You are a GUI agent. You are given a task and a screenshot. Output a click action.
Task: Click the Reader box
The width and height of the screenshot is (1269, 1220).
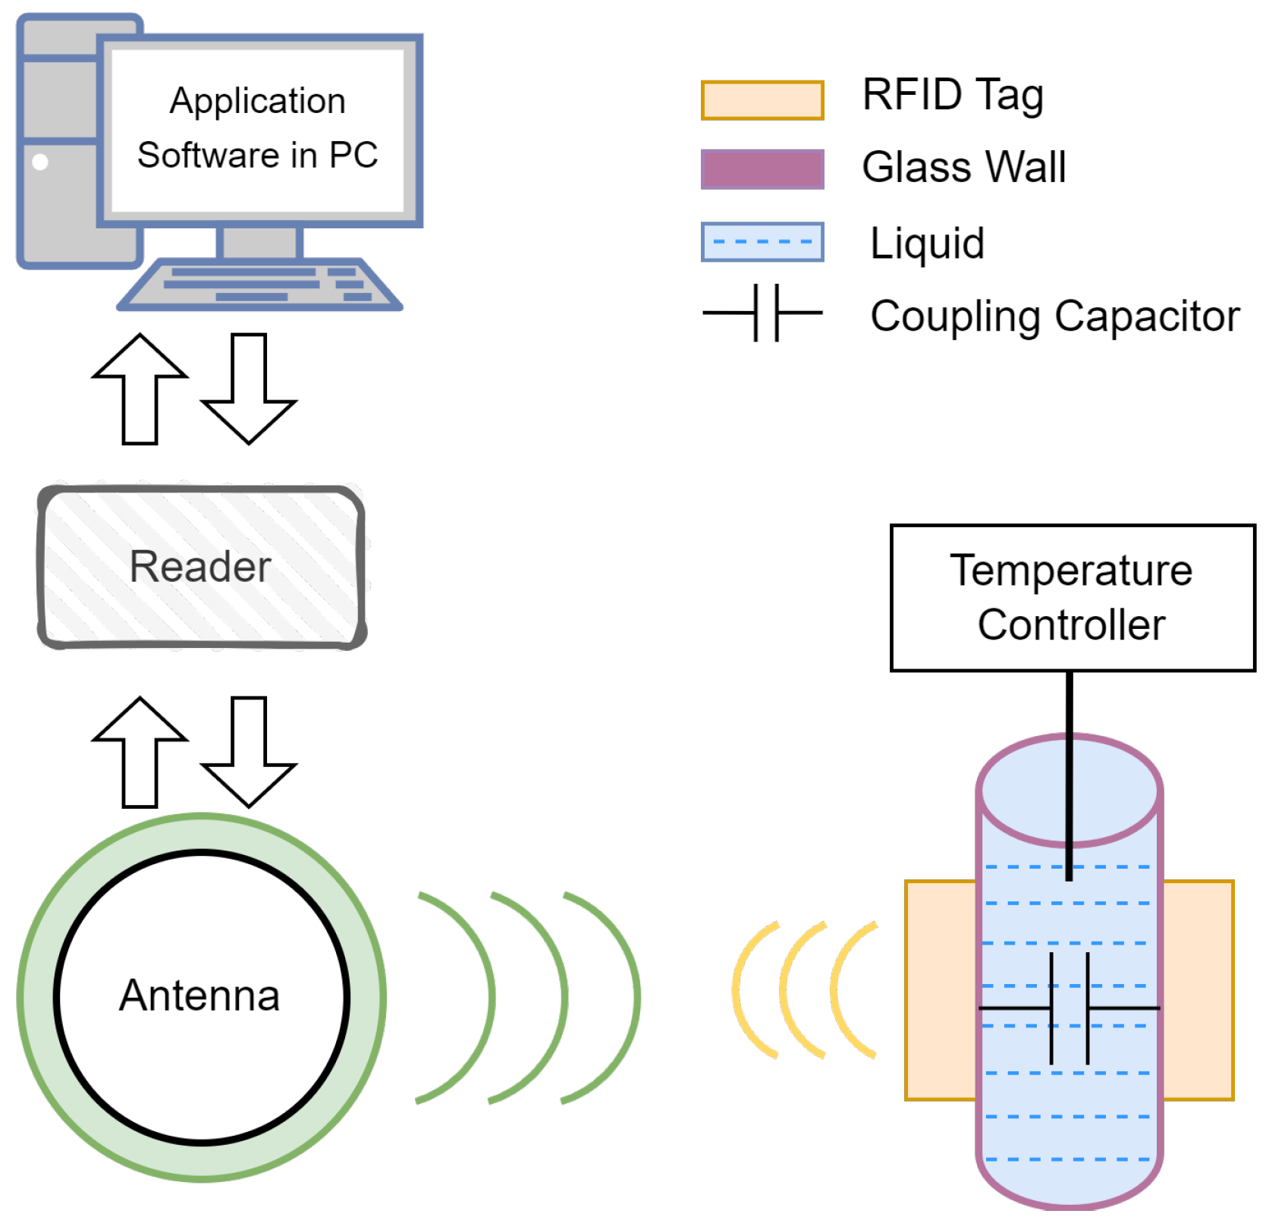coord(202,568)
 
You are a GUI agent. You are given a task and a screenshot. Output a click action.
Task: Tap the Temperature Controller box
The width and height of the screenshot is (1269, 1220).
coord(1072,598)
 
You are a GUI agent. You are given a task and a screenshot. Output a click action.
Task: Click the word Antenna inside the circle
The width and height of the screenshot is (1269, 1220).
coord(200,995)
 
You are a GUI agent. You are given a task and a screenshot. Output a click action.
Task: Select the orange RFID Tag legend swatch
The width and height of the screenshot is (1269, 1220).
coord(762,100)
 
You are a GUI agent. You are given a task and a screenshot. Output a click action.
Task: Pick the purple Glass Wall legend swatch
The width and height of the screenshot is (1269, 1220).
coord(762,169)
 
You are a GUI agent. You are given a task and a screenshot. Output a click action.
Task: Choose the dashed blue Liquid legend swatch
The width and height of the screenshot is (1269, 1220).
coord(762,242)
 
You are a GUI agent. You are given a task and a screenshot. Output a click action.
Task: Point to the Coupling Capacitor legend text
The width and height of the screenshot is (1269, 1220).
coord(1054,316)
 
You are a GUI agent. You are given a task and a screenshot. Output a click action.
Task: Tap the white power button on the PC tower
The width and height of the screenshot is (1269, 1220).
coord(40,162)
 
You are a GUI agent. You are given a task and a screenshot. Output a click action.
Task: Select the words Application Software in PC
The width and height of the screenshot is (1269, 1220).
coord(258,127)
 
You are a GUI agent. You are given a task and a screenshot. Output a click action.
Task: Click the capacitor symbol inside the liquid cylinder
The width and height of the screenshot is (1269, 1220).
coord(1070,1008)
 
